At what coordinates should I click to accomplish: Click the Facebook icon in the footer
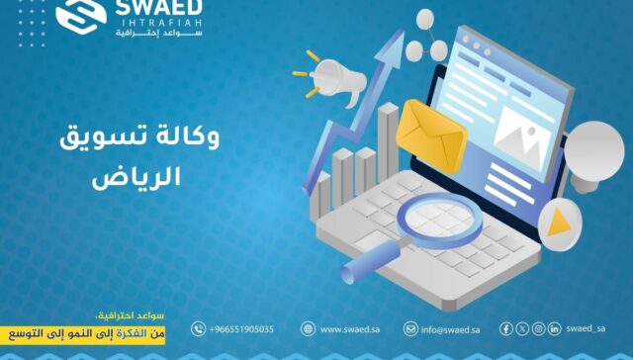point(506,328)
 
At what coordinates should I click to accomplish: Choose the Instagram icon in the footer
point(538,328)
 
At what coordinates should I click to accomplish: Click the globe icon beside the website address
point(308,329)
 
